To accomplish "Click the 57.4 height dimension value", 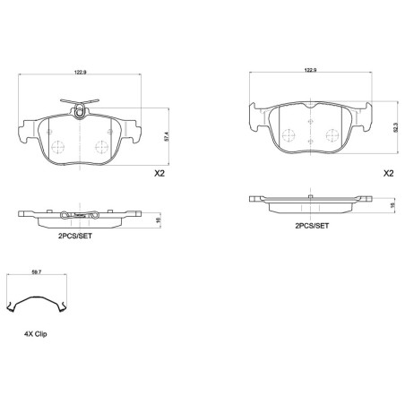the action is tap(167, 136).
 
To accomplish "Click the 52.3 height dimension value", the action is tap(396, 127).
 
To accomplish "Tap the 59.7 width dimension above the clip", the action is tap(37, 272).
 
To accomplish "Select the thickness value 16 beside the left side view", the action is tap(159, 220).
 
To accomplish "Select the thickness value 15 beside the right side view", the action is tap(392, 205).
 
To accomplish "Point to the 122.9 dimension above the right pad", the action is tap(310, 70).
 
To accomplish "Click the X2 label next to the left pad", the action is tap(159, 173).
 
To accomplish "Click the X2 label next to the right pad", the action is tap(389, 173).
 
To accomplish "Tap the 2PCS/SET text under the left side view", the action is tap(75, 236).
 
